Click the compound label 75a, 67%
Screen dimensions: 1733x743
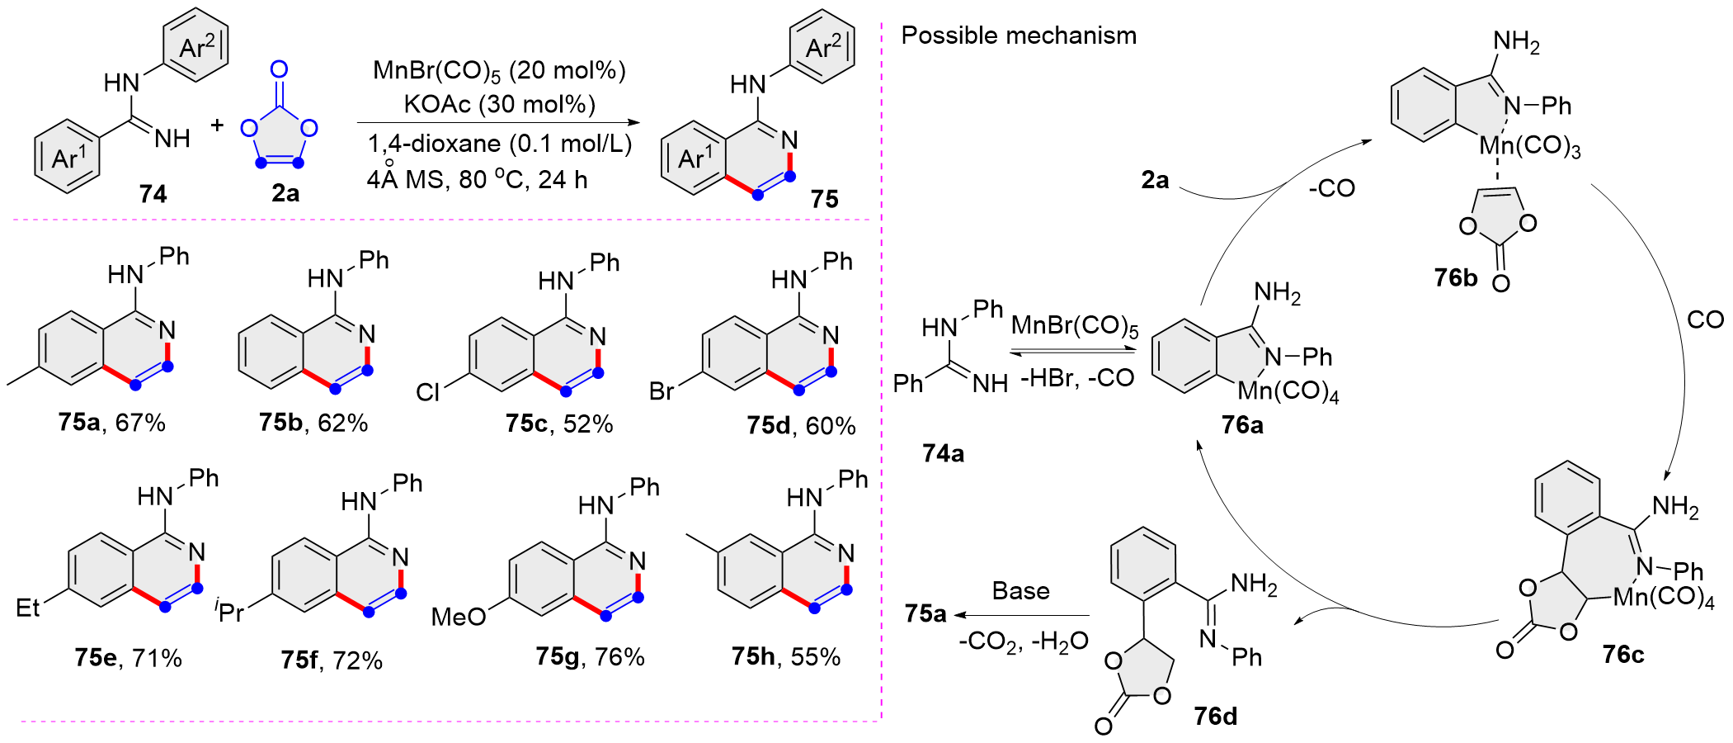point(112,423)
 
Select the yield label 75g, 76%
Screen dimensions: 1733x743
point(590,656)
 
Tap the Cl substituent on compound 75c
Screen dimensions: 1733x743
point(428,392)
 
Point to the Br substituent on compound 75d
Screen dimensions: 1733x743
point(662,390)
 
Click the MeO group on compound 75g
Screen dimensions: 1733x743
point(459,617)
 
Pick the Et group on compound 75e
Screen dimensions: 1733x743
point(28,608)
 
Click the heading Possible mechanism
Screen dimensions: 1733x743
point(1019,35)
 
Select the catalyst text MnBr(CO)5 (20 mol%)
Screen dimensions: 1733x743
point(499,71)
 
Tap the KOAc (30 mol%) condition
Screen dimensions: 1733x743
point(499,105)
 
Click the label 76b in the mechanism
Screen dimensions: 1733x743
point(1456,277)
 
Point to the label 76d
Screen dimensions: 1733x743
point(1216,716)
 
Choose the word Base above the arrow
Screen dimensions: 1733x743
point(1021,591)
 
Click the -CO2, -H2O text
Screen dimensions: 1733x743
point(1024,641)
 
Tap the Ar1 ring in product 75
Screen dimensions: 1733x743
point(694,157)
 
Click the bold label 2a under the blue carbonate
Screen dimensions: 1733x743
point(285,193)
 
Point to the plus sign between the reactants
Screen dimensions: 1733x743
point(217,125)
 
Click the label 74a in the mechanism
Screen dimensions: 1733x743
point(943,453)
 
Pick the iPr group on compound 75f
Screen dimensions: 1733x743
point(230,612)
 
